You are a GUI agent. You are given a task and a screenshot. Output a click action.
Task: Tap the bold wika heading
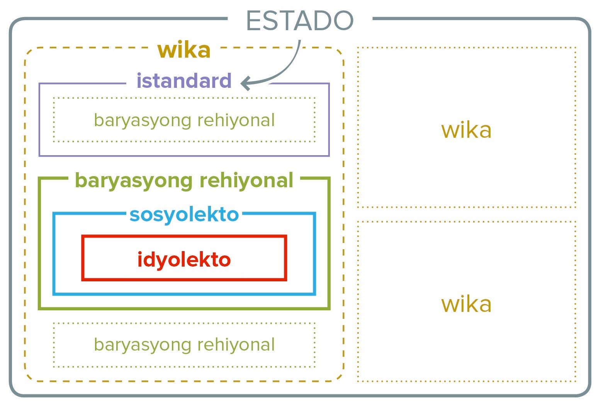coord(184,50)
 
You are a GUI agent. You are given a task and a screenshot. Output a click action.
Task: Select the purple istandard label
coord(184,81)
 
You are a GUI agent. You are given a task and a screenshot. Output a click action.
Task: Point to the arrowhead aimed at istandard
coord(245,83)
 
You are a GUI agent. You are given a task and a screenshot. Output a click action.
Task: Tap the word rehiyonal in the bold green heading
coord(246,180)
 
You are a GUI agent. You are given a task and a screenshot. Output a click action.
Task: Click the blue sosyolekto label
coord(184,214)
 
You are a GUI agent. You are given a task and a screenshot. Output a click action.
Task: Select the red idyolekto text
coord(184,260)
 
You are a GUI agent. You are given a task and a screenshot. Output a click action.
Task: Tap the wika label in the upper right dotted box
coord(466,130)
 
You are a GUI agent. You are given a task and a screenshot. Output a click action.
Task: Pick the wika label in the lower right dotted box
coord(466,305)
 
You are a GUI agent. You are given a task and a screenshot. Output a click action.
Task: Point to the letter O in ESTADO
coord(342,21)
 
